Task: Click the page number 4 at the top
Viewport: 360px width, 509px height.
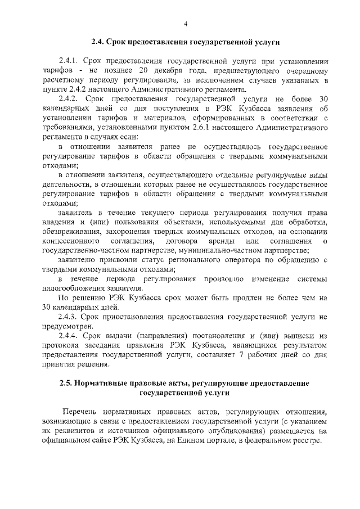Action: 185,23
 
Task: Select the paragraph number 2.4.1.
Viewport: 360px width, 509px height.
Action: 68,60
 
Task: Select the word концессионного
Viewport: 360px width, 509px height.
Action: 71,241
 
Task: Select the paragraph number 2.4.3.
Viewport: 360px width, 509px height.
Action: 68,317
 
